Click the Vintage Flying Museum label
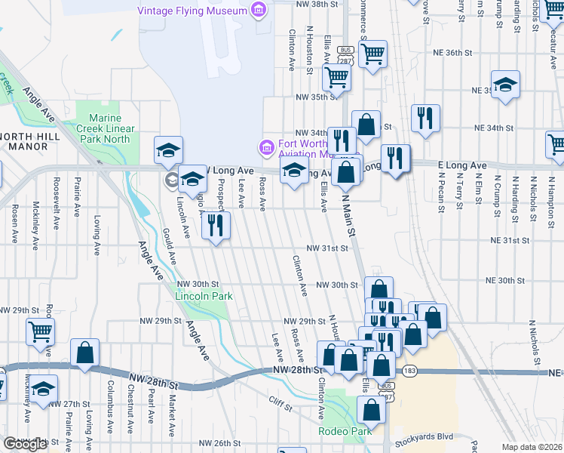click(192, 11)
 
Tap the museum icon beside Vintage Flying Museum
click(259, 11)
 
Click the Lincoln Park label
click(204, 296)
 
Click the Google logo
click(25, 444)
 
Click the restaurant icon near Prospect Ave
click(216, 224)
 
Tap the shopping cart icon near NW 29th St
click(40, 331)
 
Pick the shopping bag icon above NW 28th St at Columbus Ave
click(85, 352)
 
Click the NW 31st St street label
click(326, 248)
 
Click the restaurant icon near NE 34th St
click(425, 118)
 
